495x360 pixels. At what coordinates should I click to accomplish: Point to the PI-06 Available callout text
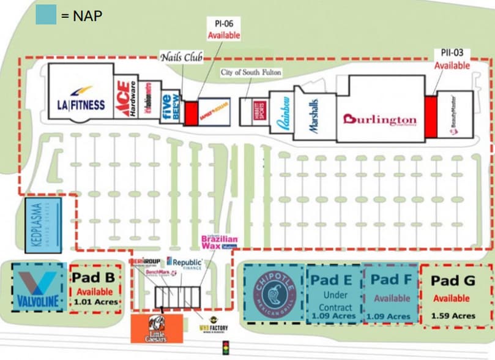[x=223, y=29]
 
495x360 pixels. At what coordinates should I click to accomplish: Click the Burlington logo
[x=379, y=119]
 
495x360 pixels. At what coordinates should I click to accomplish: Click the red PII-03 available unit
[x=430, y=116]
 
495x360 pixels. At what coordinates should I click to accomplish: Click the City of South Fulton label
[x=251, y=73]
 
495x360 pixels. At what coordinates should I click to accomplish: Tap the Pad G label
[x=453, y=280]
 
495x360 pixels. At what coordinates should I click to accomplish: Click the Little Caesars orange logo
[x=156, y=329]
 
